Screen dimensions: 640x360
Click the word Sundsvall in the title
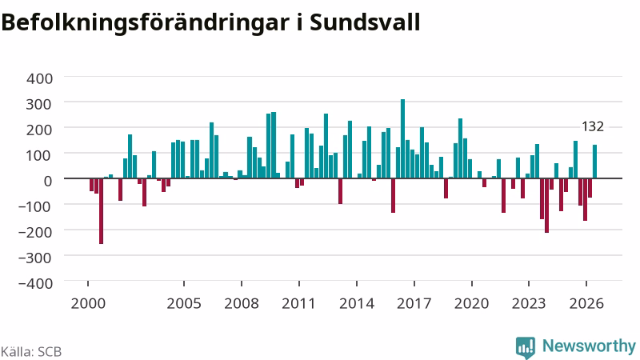click(365, 22)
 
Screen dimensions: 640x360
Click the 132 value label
click(593, 126)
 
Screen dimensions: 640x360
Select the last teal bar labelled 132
click(594, 162)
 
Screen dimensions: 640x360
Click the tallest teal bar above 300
click(403, 138)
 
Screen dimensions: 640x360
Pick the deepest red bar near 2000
click(102, 211)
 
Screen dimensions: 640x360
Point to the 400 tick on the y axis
click(39, 78)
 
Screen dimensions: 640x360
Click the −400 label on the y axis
click(35, 283)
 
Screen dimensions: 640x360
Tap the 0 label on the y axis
click(48, 181)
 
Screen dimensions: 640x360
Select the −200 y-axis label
click(35, 232)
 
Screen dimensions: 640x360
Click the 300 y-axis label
click(39, 104)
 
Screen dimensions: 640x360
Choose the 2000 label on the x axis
click(88, 304)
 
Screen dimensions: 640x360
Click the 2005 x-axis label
click(184, 304)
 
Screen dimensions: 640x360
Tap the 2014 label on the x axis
click(357, 304)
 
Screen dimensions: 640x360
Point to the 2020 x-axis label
click(472, 304)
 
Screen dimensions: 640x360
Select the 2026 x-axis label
click(586, 304)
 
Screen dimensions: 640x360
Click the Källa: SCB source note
click(31, 351)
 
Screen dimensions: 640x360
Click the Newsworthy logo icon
click(526, 348)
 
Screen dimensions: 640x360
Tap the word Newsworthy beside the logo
click(589, 346)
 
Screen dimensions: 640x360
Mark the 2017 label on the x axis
click(414, 304)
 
